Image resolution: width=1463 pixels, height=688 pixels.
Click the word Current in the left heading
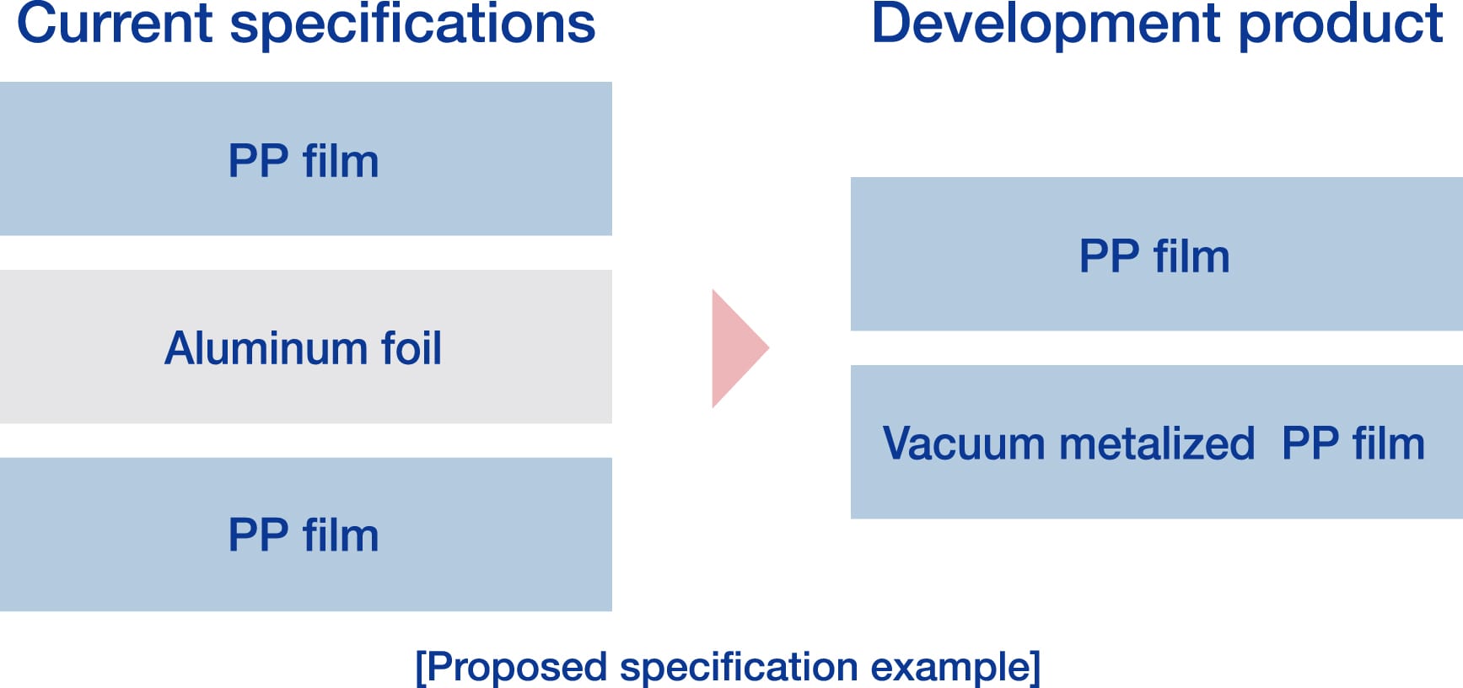pyautogui.click(x=114, y=24)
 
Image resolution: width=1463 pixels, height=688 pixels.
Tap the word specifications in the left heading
pyautogui.click(x=412, y=25)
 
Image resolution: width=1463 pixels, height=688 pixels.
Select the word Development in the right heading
pyautogui.click(x=1045, y=24)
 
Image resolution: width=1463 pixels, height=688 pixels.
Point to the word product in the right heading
pyautogui.click(x=1341, y=25)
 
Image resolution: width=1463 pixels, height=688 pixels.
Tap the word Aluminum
pyautogui.click(x=266, y=348)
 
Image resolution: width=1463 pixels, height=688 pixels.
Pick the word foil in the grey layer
pyautogui.click(x=411, y=348)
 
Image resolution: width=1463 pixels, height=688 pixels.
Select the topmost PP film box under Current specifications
pyautogui.click(x=305, y=159)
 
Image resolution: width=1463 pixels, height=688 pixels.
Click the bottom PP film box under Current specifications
pyautogui.click(x=305, y=535)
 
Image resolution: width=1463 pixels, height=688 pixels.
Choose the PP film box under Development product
pyautogui.click(x=1156, y=254)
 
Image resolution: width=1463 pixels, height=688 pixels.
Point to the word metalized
pyautogui.click(x=1157, y=443)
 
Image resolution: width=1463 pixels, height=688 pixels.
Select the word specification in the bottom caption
pyautogui.click(x=739, y=667)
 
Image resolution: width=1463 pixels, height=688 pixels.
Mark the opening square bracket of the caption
pyautogui.click(x=420, y=668)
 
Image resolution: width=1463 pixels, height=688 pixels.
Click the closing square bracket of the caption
pyautogui.click(x=1035, y=668)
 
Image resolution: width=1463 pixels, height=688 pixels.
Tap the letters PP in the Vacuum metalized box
pyautogui.click(x=1310, y=443)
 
